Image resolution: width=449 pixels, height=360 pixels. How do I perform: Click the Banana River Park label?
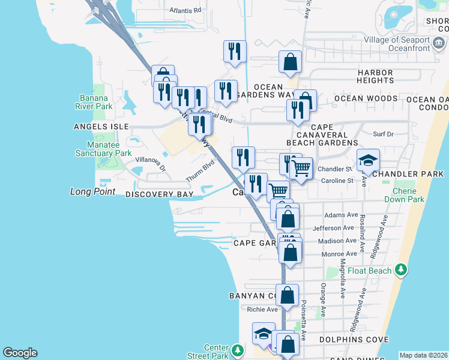coord(95,102)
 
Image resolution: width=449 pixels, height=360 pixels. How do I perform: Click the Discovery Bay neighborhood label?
coord(159,195)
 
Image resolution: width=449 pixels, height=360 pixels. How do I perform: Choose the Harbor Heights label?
coord(375,76)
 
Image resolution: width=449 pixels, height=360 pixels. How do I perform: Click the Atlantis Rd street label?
coord(185,10)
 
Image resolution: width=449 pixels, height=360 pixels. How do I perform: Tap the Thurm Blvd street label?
coord(200,172)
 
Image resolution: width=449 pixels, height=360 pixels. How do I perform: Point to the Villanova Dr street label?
coord(150,163)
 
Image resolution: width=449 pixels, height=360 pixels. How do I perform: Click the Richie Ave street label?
coord(263,310)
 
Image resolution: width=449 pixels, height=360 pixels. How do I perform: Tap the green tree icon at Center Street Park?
coord(238,349)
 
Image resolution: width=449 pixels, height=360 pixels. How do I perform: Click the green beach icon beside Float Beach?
coord(400,271)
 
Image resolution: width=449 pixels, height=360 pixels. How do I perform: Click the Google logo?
coord(20,353)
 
